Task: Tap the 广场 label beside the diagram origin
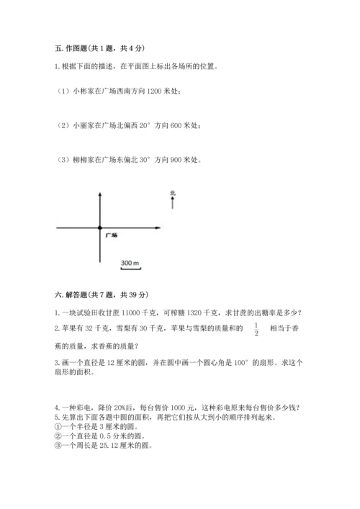pyautogui.click(x=111, y=235)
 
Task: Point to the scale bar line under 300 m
pyautogui.click(x=130, y=269)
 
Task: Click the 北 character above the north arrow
pyautogui.click(x=173, y=192)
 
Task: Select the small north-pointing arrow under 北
pyautogui.click(x=173, y=203)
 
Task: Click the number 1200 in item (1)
pyautogui.click(x=154, y=91)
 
